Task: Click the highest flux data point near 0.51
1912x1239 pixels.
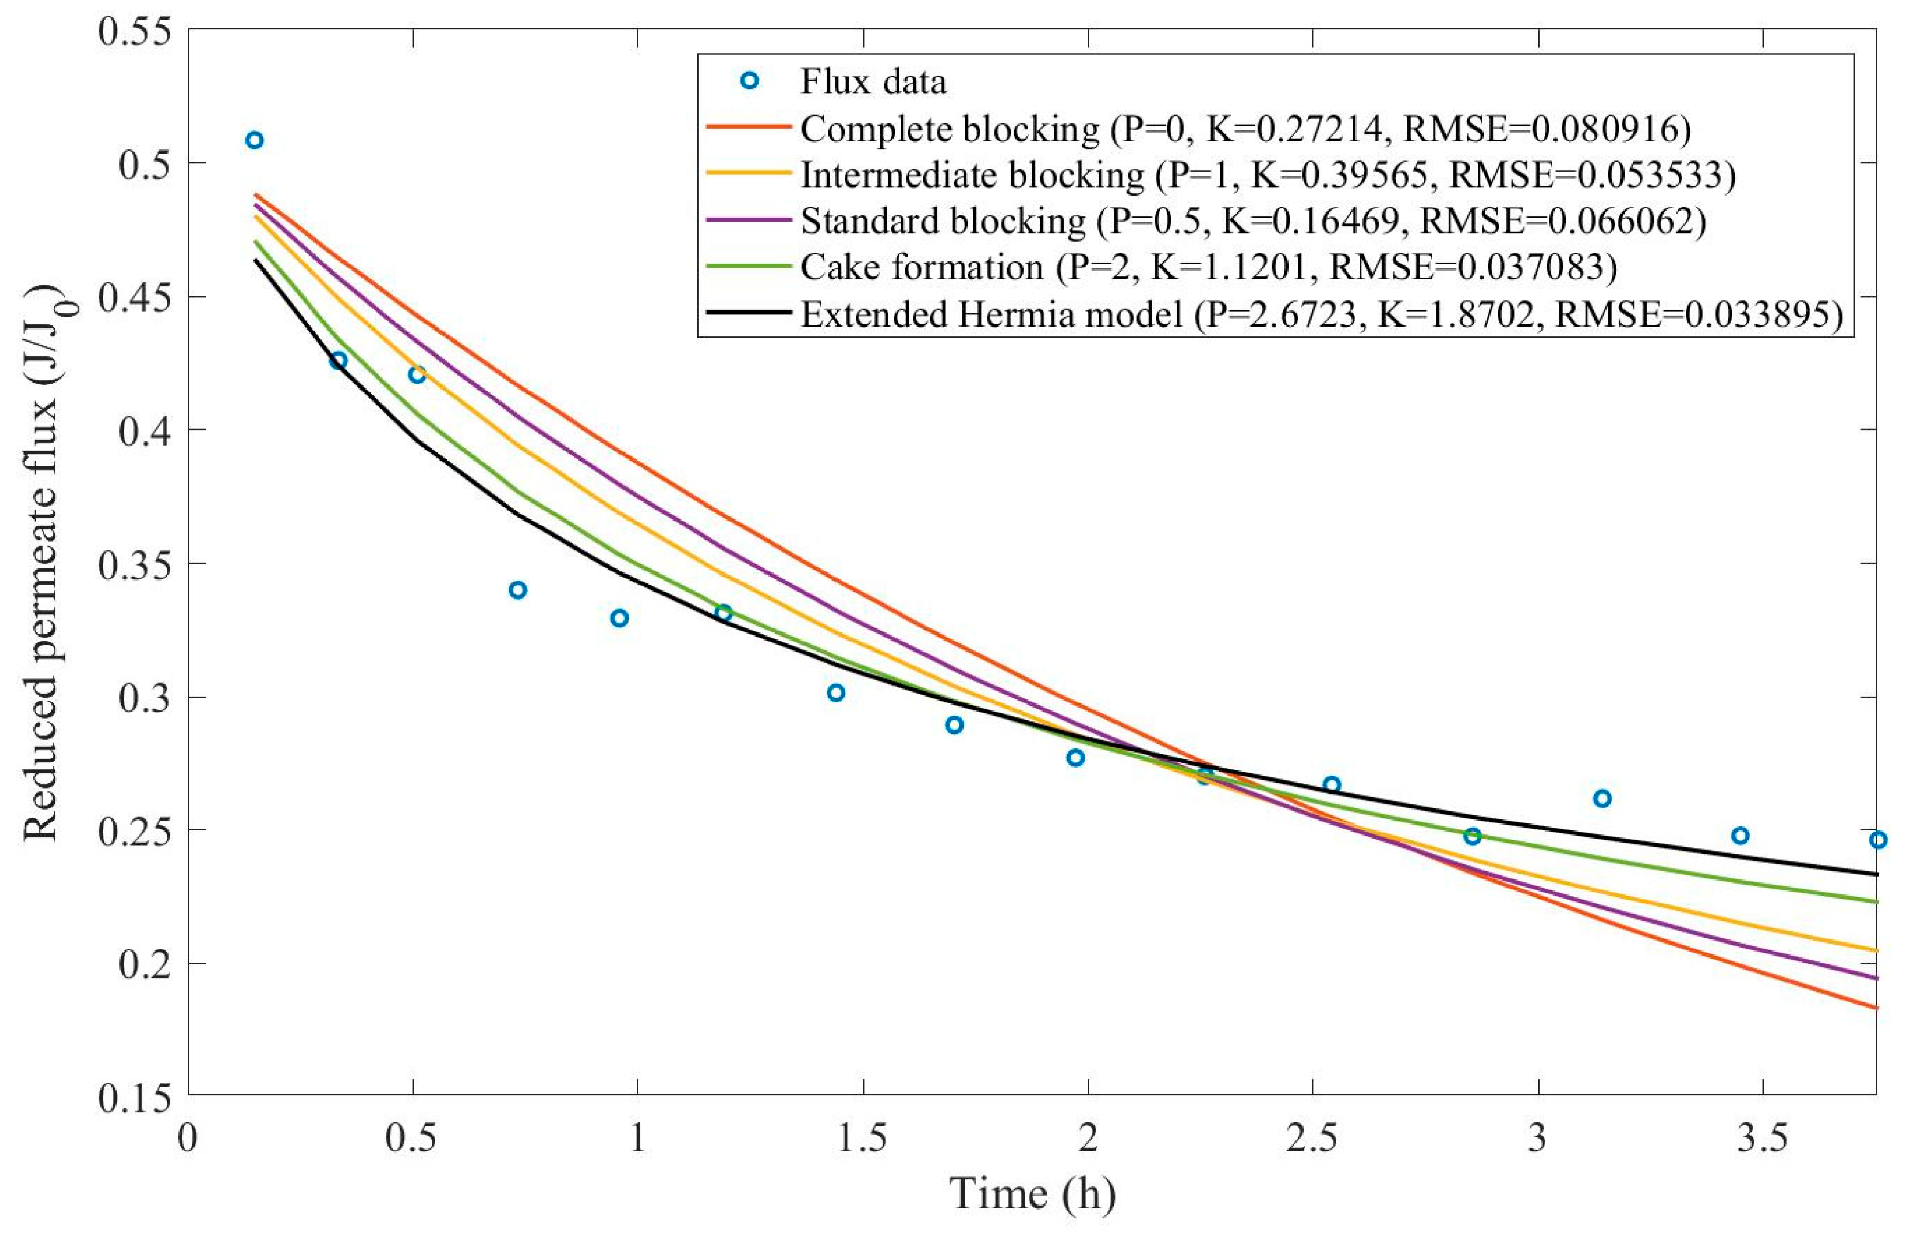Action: tap(255, 141)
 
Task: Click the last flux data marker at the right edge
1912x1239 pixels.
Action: tap(1877, 840)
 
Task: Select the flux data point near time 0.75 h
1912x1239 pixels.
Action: tap(518, 590)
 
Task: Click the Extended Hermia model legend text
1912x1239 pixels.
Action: tap(1321, 314)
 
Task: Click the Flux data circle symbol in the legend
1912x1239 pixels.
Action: tap(749, 81)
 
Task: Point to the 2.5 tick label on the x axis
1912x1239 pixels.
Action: tap(1312, 1139)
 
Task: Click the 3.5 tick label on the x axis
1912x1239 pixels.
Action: tap(1762, 1139)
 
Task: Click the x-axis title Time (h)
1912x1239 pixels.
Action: tap(1033, 1194)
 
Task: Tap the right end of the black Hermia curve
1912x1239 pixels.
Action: tap(1875, 874)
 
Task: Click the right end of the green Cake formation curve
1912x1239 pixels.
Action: tap(1875, 902)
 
